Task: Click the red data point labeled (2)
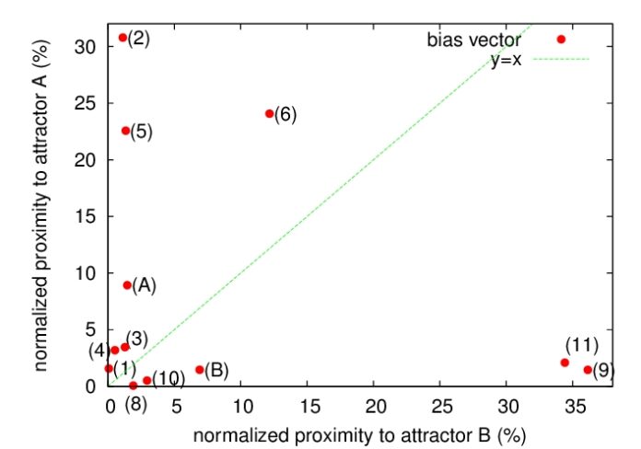[x=122, y=38]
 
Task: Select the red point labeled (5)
[x=126, y=131]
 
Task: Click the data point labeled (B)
[x=200, y=370]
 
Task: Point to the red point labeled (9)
[x=588, y=370]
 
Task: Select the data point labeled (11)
[x=565, y=363]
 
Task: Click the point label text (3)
[x=136, y=339]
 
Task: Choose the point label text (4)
[x=99, y=351]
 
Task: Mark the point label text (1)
[x=124, y=369]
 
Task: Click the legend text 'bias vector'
[x=473, y=40]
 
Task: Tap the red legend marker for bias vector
[x=561, y=40]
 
